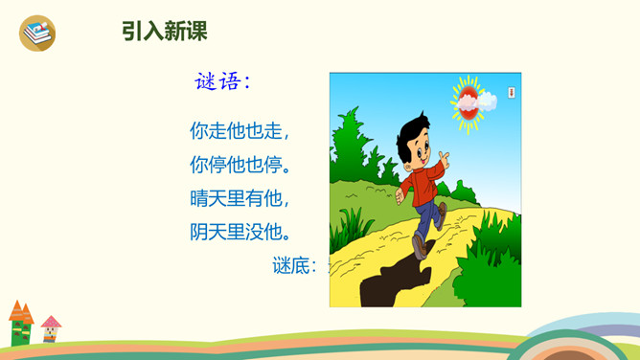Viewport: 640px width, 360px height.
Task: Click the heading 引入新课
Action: pos(165,31)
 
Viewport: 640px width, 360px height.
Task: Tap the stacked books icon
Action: pos(37,33)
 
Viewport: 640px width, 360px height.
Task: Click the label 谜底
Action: pos(290,265)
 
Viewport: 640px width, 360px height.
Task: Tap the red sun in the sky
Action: pos(468,104)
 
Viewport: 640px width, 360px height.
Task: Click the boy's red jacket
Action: pos(423,184)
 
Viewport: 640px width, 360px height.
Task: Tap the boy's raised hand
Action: pos(444,159)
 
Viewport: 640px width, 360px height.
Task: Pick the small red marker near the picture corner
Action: pos(512,93)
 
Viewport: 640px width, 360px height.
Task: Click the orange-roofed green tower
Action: pos(21,324)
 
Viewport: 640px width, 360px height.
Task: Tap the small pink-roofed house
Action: pos(51,328)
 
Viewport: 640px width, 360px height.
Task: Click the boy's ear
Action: pos(408,168)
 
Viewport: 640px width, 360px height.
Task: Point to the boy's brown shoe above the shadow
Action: pos(420,247)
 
